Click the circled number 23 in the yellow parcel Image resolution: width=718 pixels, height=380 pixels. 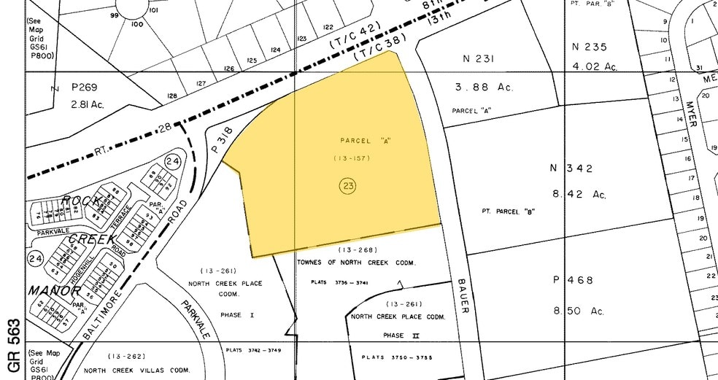(348, 186)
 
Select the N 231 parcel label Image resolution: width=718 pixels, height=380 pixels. (478, 58)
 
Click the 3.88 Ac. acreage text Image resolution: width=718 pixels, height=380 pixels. (485, 87)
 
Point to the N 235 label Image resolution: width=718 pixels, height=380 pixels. (590, 47)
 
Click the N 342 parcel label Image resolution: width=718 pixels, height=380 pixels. (571, 168)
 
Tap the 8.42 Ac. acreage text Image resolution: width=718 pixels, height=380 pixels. (579, 194)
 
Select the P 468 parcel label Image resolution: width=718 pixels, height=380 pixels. (573, 280)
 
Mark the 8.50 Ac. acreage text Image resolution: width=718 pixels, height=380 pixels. (579, 311)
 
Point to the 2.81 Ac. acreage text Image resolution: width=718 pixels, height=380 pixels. (87, 104)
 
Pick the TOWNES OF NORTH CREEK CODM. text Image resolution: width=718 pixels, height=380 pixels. (356, 262)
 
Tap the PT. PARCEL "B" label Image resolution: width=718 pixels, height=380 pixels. (509, 211)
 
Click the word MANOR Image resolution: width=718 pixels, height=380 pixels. (55, 290)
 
